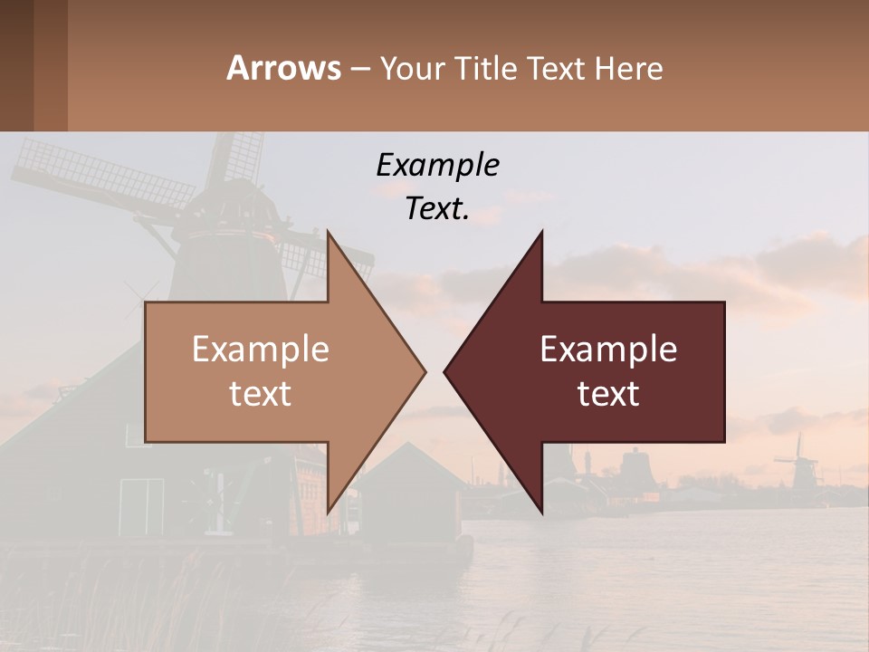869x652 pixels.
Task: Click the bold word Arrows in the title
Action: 283,68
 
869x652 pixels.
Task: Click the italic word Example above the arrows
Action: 437,165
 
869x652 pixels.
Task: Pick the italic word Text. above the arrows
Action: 437,209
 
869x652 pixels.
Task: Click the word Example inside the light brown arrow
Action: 260,349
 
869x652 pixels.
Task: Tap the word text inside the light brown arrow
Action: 260,393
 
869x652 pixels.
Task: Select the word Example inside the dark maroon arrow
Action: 608,349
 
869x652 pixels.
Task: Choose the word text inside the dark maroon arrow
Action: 608,393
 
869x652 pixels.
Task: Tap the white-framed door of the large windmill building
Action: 141,505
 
